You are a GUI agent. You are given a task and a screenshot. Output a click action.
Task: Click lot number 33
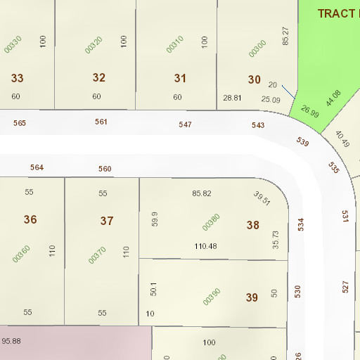click(17, 78)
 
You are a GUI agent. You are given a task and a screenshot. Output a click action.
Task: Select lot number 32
click(98, 77)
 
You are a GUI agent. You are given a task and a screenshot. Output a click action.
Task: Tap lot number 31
click(181, 78)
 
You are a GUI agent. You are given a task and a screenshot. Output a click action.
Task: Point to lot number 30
click(254, 79)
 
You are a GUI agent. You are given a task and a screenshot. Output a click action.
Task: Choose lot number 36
click(30, 219)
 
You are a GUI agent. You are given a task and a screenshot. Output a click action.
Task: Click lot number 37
click(107, 221)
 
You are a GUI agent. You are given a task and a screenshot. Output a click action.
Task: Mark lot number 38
click(253, 225)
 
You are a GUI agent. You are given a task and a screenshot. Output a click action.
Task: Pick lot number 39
click(252, 297)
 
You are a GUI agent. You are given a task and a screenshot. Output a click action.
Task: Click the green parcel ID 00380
click(211, 222)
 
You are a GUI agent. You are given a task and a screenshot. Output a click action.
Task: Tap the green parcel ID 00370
click(97, 255)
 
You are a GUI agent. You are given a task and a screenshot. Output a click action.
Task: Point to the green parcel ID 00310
click(175, 44)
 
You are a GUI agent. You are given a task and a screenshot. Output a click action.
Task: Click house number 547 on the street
click(185, 124)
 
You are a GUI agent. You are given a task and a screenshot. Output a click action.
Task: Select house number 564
click(37, 167)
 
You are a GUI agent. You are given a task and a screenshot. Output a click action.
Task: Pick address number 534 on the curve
click(300, 225)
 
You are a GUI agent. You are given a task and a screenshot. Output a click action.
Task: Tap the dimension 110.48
click(205, 246)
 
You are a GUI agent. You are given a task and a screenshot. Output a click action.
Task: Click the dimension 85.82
click(201, 193)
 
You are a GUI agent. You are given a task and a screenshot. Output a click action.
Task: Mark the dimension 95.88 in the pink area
click(11, 341)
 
